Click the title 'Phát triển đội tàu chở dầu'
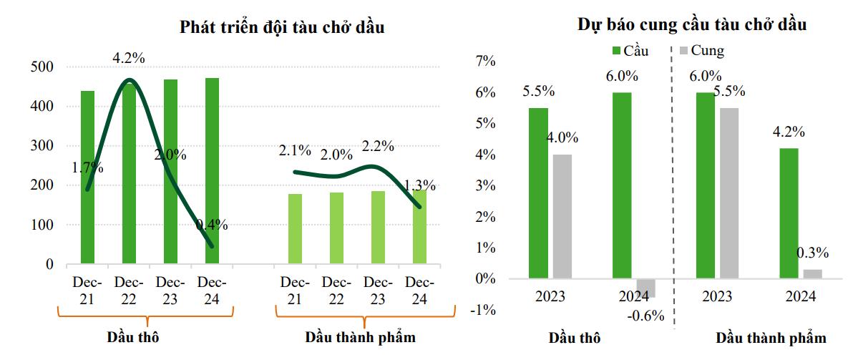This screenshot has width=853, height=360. (x=283, y=29)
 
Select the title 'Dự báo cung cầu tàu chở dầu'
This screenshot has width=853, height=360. (x=692, y=25)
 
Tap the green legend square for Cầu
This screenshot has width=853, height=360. (x=616, y=51)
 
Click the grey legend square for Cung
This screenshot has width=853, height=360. (x=683, y=51)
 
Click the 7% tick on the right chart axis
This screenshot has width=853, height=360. (x=485, y=62)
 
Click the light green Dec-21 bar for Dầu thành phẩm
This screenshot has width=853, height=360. (x=295, y=229)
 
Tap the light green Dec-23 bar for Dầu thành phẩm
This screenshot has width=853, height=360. (x=378, y=228)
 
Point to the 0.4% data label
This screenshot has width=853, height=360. (x=212, y=225)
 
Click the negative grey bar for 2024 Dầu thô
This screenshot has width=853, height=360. (x=646, y=288)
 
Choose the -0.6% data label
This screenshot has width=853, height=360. (x=647, y=316)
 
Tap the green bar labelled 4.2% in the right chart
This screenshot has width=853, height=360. (x=789, y=213)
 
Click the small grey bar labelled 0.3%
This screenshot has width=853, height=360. (x=813, y=273)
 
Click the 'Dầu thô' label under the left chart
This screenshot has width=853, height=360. (x=132, y=336)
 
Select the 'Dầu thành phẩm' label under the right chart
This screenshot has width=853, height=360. (x=771, y=338)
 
